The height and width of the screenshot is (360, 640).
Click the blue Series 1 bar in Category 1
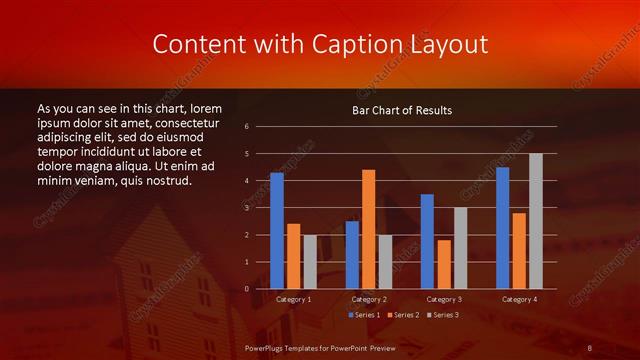click(277, 231)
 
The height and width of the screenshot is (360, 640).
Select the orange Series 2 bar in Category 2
click(368, 229)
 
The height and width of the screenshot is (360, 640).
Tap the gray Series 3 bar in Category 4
click(535, 221)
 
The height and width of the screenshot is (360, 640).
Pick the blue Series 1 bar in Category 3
click(427, 241)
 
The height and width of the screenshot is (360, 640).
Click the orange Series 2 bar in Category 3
click(444, 264)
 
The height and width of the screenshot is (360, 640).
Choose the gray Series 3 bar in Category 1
click(310, 262)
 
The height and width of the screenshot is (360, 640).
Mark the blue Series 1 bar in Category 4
click(502, 228)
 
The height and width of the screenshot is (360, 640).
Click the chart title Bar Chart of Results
click(402, 110)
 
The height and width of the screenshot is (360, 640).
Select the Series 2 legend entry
click(403, 315)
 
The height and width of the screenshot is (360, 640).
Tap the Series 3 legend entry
click(442, 315)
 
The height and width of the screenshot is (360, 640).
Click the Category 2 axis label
click(368, 299)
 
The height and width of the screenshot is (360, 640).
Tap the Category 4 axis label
click(518, 299)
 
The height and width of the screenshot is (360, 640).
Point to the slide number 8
click(590, 347)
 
